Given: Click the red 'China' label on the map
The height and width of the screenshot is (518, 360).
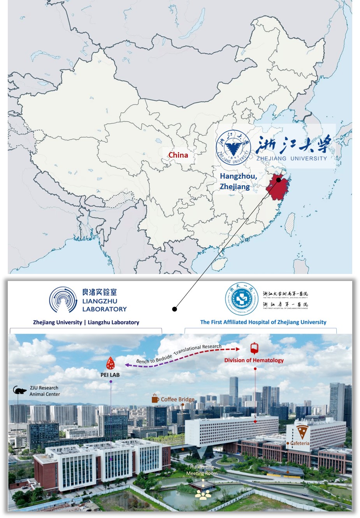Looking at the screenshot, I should coord(178,155).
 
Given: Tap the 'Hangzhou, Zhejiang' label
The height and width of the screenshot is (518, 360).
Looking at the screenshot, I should coord(238,181).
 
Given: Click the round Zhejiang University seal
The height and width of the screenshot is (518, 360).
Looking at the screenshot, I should coord(233,147).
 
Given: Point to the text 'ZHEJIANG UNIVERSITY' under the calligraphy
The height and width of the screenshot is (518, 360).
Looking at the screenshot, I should coord(292,158).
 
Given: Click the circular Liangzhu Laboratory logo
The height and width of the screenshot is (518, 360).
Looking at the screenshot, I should coord(63,300).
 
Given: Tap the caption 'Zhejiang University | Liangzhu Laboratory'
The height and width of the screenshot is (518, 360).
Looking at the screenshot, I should coord(86,322).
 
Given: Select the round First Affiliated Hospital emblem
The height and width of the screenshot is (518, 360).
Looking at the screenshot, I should coord(242,299).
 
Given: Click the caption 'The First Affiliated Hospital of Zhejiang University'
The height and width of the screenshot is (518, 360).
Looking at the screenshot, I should coord(263,322).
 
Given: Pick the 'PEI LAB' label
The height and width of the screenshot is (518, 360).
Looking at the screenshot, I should coord(110,375).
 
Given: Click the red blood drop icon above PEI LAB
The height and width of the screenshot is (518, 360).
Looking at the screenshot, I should coord(111,363).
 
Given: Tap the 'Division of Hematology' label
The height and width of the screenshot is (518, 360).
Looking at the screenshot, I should coord(254,360).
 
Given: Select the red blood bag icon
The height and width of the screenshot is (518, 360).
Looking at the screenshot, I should coord(255,348).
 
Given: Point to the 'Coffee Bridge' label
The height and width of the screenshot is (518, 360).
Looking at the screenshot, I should coord(177,399).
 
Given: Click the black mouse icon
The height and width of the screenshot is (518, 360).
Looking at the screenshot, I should coord(19,390).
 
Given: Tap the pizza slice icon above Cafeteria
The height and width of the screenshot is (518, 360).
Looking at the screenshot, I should coord(302,432).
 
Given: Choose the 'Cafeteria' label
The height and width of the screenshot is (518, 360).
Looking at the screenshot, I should coord(300,443).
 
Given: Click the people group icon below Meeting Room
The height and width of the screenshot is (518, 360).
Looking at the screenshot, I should coord(203,494).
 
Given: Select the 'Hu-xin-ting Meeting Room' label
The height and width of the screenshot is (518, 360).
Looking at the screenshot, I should coord(202,470).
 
